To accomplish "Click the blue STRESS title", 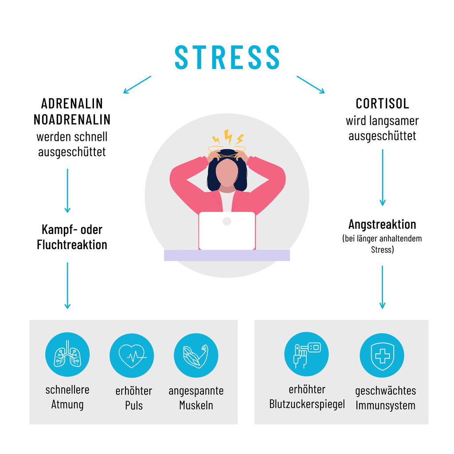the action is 227,57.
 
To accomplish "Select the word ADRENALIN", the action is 72,104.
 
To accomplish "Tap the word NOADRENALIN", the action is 72,119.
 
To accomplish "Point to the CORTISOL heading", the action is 382,104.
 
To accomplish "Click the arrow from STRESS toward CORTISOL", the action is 310,85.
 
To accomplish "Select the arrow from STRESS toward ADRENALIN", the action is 137,85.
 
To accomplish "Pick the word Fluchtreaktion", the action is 72,245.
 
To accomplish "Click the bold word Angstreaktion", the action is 382,224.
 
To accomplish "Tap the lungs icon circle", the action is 67,354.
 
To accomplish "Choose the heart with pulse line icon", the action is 132,356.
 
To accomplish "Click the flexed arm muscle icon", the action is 196,355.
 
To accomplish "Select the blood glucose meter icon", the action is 306,354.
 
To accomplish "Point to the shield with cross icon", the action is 382,355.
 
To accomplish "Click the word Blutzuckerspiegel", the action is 307,404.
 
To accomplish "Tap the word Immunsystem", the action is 385,405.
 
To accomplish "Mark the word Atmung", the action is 67,404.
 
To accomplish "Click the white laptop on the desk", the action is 227,231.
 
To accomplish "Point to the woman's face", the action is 227,173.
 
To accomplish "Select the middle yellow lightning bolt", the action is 228,137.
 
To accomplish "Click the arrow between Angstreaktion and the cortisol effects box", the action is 382,287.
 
